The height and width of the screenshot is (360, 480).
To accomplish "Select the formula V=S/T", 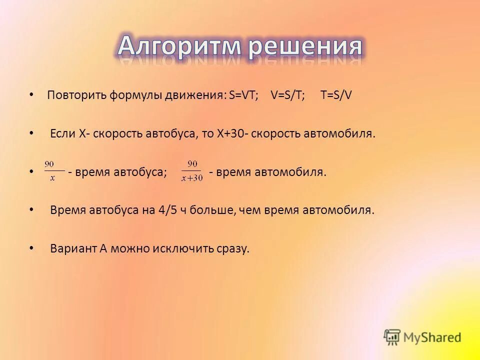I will [288, 95].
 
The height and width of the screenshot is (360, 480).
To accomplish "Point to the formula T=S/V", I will [336, 95].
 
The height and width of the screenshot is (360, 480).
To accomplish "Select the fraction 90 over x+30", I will [192, 171].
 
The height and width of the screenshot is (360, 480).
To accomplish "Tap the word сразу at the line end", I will [232, 249].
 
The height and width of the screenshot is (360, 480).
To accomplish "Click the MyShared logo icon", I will [392, 337].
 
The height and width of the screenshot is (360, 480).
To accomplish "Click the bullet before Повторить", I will [31, 94].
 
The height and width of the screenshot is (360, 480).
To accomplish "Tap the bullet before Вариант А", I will [32, 247].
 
